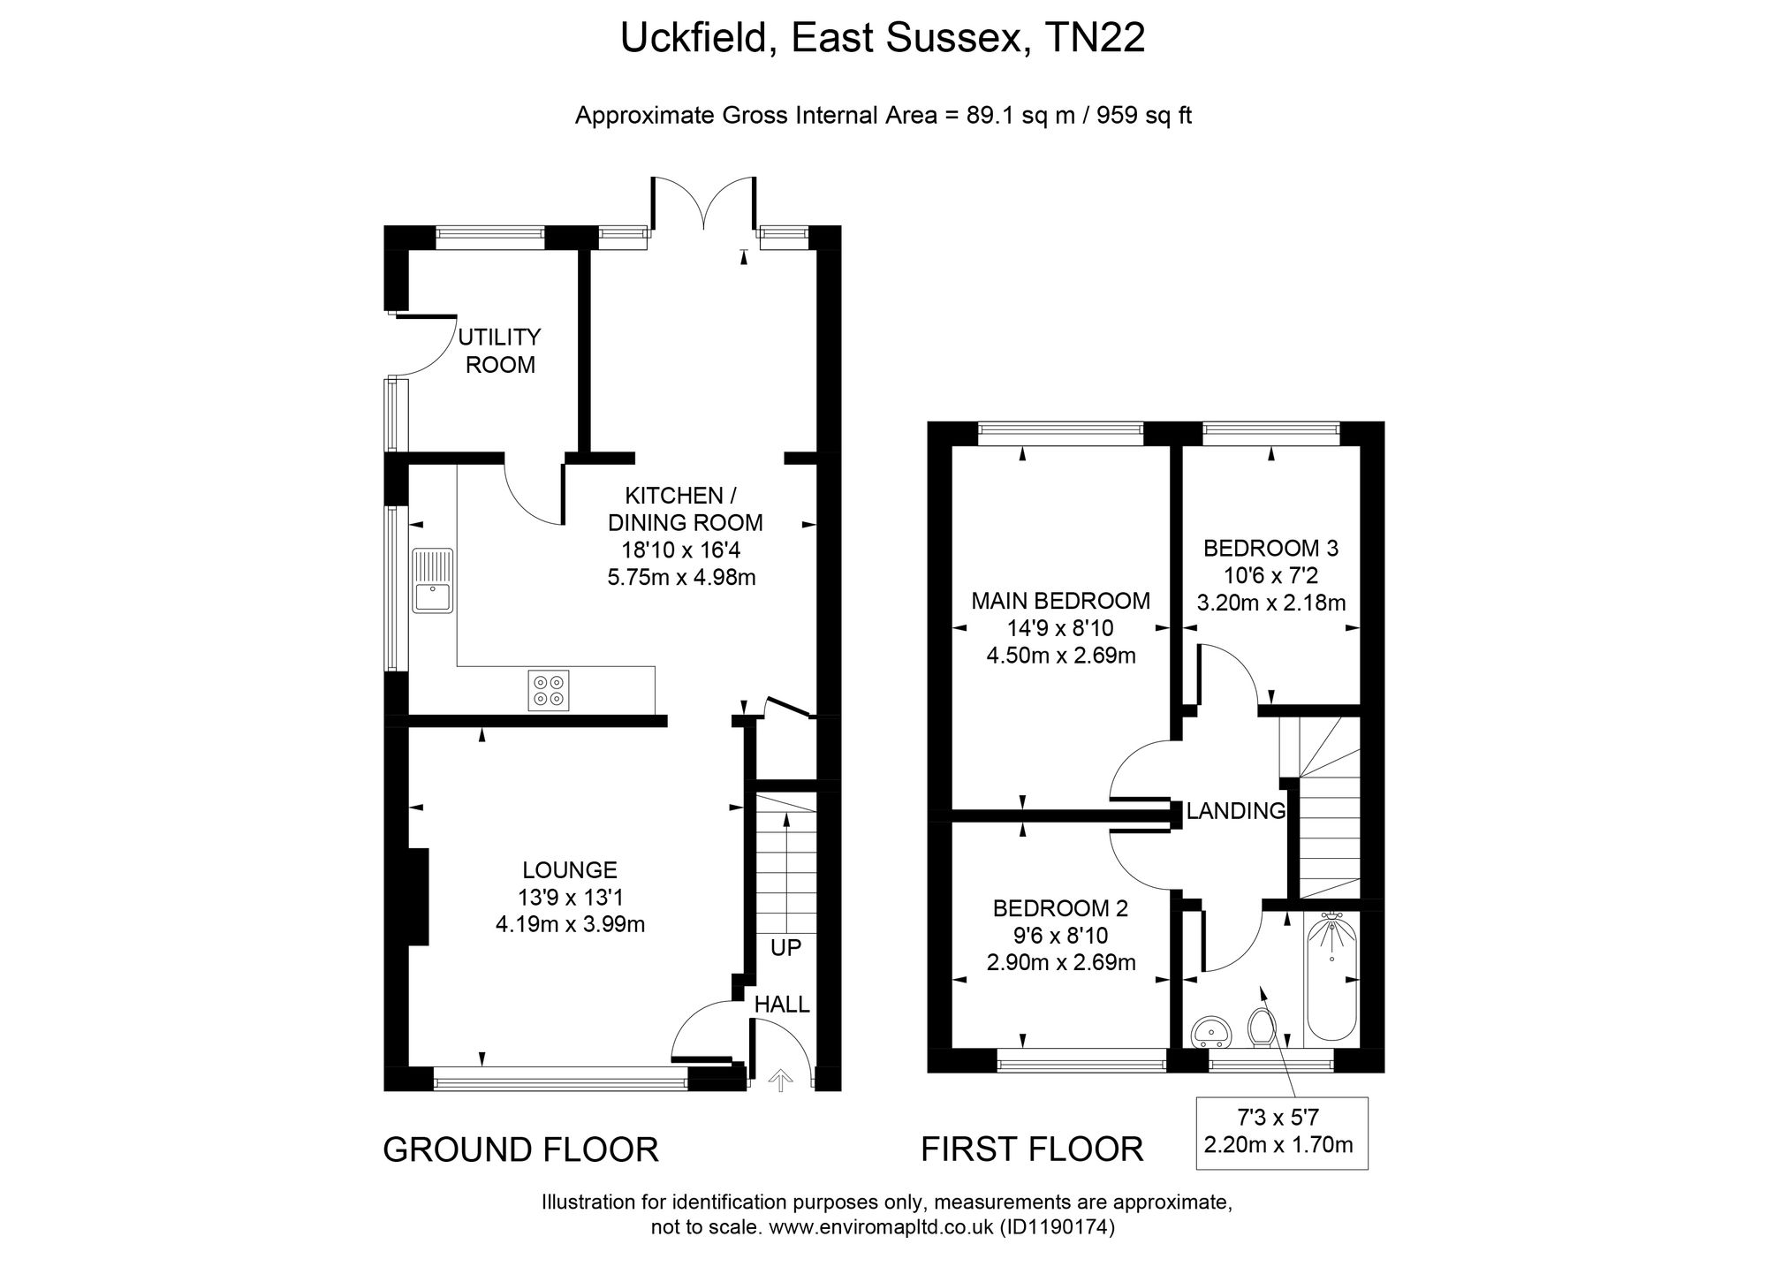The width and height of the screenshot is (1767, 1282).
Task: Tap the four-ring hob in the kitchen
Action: pos(549,690)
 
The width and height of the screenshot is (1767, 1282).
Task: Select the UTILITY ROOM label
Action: pos(500,351)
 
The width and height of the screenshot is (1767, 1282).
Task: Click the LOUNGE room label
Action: pos(570,869)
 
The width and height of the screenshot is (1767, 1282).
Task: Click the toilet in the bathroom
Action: pos(1261,1027)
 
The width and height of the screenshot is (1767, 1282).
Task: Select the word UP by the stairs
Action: pos(785,948)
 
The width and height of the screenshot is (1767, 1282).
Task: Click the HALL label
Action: pos(782,1004)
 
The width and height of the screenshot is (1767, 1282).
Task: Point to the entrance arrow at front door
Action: pos(780,1081)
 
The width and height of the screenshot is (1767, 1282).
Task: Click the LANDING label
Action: pos(1236,810)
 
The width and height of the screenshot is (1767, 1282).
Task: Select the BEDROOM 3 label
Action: pos(1271,549)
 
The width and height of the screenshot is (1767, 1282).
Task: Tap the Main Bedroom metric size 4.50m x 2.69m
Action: pos(1061,656)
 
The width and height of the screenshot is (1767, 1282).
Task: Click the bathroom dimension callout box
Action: pos(1282,1133)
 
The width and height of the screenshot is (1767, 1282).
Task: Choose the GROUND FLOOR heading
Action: pos(521,1149)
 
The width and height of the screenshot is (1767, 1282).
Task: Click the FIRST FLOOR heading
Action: pos(1032,1149)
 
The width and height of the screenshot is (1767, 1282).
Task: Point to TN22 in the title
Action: pos(1095,38)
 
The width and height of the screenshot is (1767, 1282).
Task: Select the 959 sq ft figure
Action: pos(1144,116)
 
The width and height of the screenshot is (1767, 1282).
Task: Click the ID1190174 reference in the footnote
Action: pos(1057,1227)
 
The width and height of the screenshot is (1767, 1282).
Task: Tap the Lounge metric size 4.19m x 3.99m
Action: pos(571,925)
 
